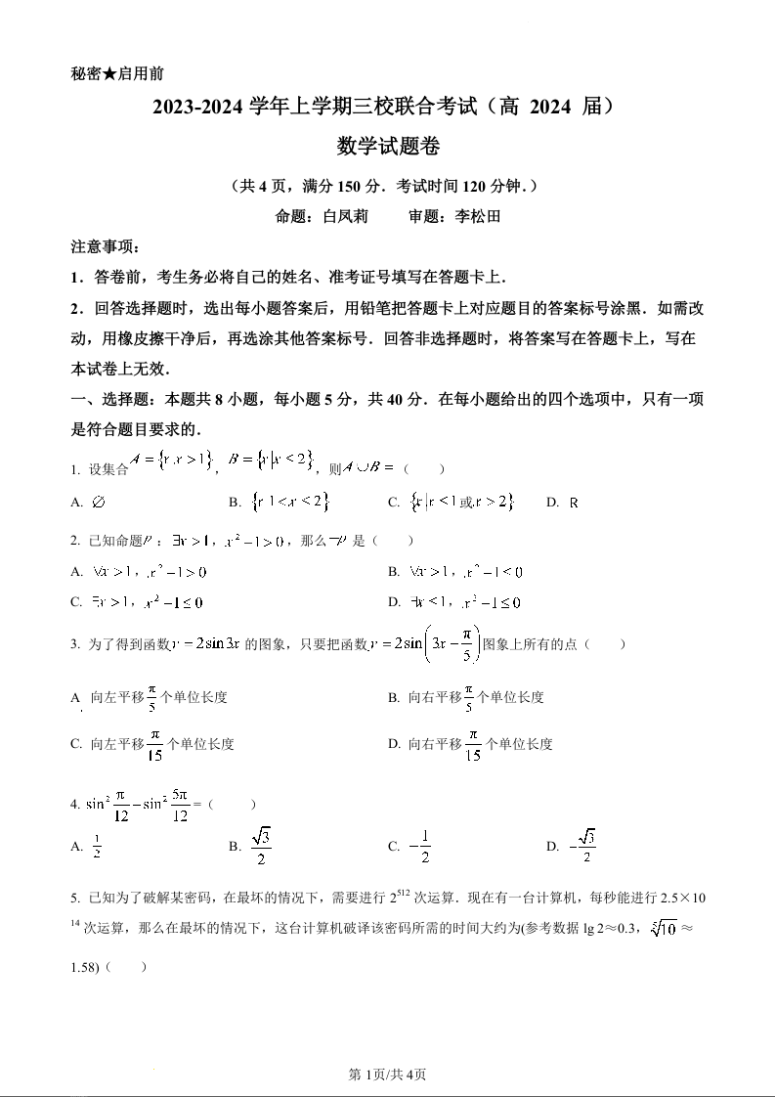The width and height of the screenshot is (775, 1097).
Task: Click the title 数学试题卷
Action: (388, 147)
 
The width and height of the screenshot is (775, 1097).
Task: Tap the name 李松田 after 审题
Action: (477, 217)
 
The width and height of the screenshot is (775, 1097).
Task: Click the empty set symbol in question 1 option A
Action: (98, 503)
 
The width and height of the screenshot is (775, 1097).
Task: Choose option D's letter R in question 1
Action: (574, 503)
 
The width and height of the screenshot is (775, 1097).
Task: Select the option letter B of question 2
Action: (394, 572)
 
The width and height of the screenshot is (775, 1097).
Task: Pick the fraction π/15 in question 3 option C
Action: (155, 744)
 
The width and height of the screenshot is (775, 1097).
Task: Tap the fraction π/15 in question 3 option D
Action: (473, 744)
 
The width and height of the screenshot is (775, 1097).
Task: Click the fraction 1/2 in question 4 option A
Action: (97, 847)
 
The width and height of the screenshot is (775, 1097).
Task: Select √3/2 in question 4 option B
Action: (260, 847)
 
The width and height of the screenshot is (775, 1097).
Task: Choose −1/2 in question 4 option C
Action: (421, 847)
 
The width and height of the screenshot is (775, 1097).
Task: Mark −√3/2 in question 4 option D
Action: (583, 847)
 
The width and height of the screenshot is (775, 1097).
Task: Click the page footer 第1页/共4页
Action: (387, 1075)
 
